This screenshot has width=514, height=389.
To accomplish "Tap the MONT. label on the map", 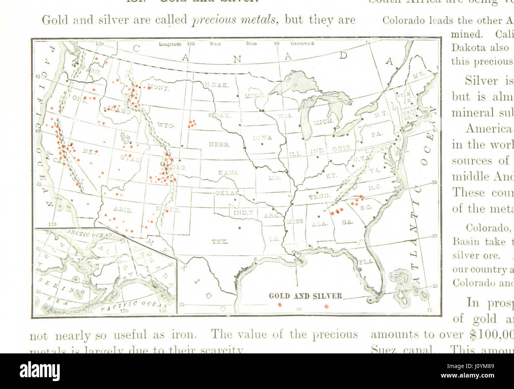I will click(159, 88).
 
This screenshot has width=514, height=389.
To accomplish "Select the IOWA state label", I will click(263, 138).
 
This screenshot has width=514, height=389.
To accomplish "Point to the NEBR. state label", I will click(219, 145).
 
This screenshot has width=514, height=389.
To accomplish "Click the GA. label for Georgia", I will click(348, 222).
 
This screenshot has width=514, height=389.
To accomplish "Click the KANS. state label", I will click(229, 173).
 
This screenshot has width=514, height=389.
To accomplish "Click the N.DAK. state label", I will click(216, 85).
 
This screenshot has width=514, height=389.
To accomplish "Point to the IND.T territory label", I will click(243, 213).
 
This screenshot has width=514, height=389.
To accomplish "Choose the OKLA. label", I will click(225, 193).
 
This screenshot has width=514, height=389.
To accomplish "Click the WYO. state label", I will click(165, 125).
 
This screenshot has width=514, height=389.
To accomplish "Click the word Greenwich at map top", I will click(302, 44).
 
